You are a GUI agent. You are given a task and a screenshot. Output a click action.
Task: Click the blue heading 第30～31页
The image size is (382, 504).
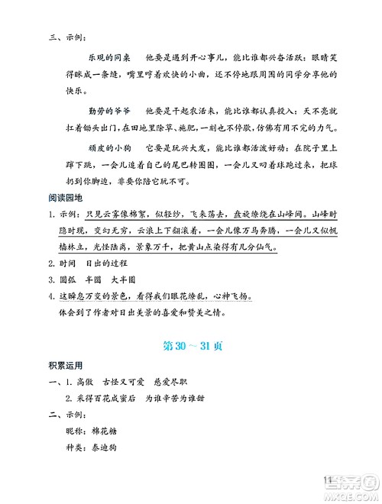[x=191, y=346]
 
